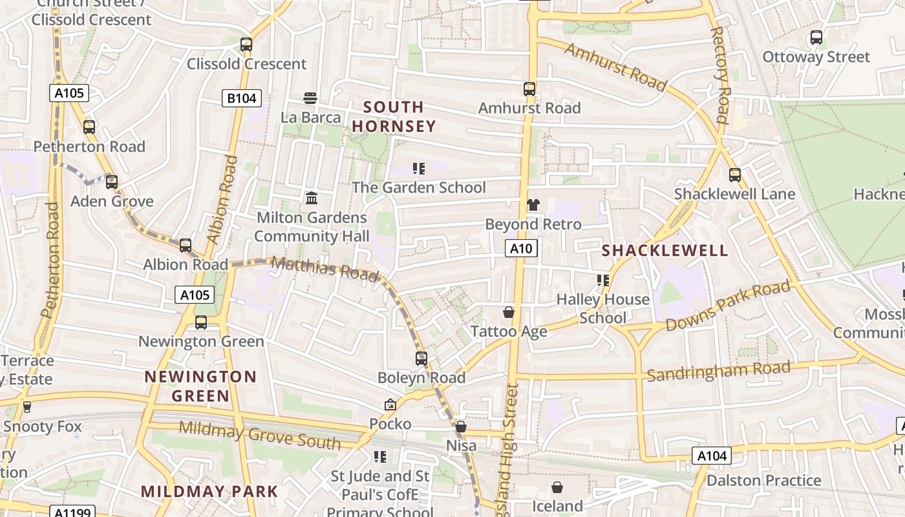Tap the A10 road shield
pos(521,248)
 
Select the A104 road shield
pos(712,456)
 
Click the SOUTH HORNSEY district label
pos(394,116)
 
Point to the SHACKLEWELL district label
pos(665,251)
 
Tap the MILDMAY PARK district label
pos(209,491)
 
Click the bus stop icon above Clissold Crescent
pos(246,45)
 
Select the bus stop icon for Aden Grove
pos(112,182)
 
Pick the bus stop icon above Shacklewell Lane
pos(735,175)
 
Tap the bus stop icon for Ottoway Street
pos(816,37)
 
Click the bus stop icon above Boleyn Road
pos(421,358)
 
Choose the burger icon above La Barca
pos(310,98)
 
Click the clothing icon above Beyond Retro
pos(533,206)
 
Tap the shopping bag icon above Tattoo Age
pos(509,313)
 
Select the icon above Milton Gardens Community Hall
pos(312,198)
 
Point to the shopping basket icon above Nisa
pos(461,427)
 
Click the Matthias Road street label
pos(325,268)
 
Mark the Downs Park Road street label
pos(728,306)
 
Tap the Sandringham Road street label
pos(718,372)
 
